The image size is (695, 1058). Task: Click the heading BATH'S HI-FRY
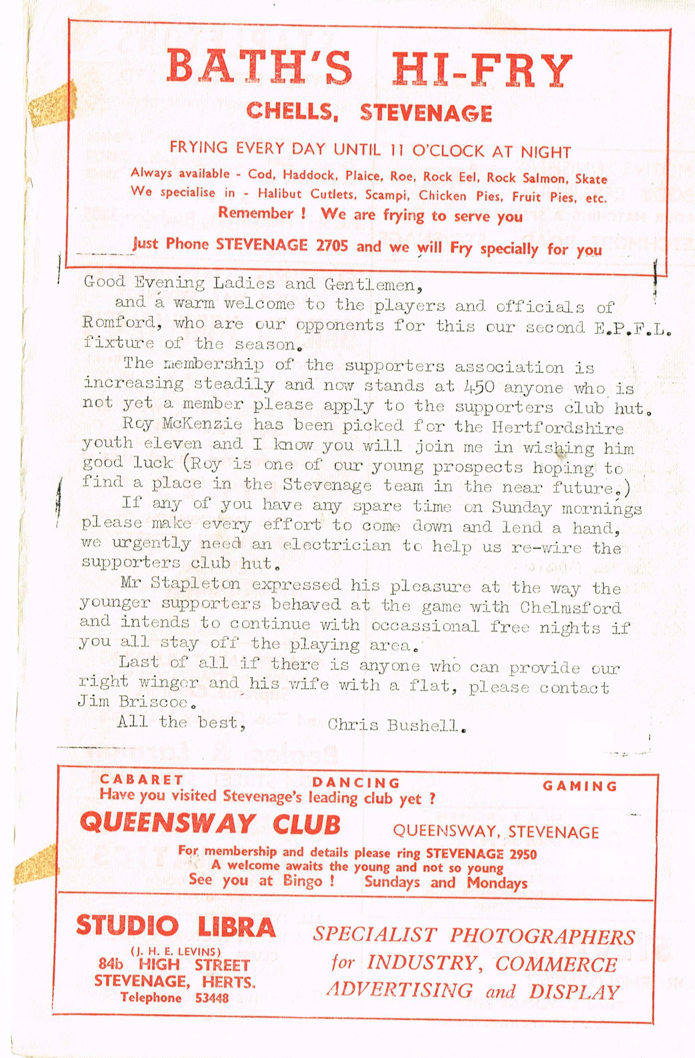368,70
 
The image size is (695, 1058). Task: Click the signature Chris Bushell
396,726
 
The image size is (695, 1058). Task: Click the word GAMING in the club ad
580,786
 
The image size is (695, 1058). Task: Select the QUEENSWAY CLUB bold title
210,823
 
